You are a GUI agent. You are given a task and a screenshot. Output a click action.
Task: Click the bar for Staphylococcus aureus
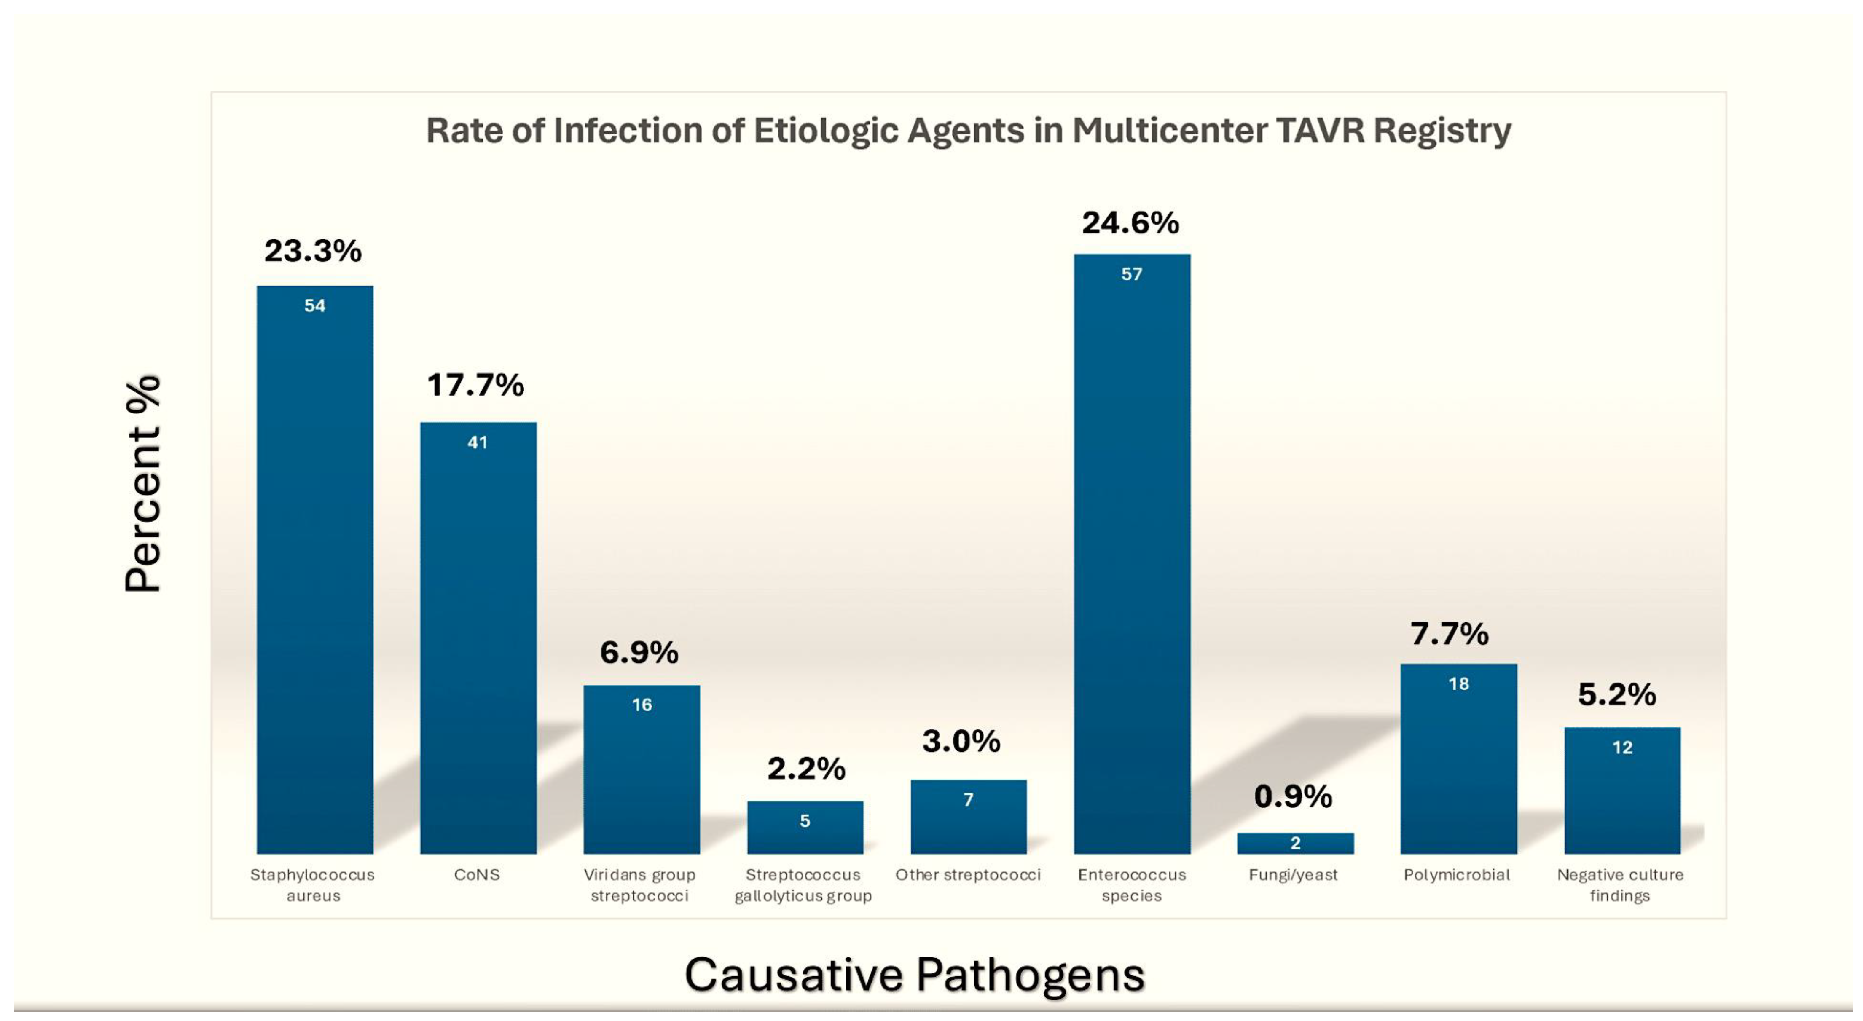(314, 571)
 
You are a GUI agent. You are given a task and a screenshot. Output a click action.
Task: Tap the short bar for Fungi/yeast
(1295, 843)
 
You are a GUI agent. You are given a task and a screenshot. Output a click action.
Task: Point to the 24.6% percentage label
(1130, 223)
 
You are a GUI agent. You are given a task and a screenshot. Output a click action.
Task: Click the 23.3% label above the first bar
(312, 251)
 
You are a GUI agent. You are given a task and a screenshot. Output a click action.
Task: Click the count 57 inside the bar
(1132, 274)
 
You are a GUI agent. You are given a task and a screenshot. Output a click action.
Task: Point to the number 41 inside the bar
(477, 442)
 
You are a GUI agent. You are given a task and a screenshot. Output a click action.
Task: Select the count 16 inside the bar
(642, 705)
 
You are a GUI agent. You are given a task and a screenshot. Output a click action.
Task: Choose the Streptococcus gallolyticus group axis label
(803, 885)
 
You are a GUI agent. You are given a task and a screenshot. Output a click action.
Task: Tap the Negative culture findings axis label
(1620, 885)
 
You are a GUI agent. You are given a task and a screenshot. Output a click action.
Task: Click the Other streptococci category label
(968, 875)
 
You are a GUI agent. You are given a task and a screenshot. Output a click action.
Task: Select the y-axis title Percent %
(142, 485)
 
